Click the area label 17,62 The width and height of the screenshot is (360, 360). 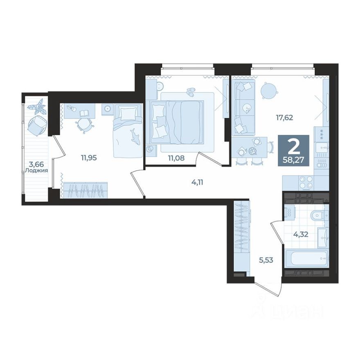pyautogui.click(x=284, y=117)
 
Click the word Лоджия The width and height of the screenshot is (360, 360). pyautogui.click(x=36, y=171)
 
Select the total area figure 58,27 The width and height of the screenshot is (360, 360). pyautogui.click(x=297, y=160)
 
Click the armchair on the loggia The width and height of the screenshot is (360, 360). pyautogui.click(x=39, y=125)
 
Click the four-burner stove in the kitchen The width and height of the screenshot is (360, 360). pyautogui.click(x=304, y=182)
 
